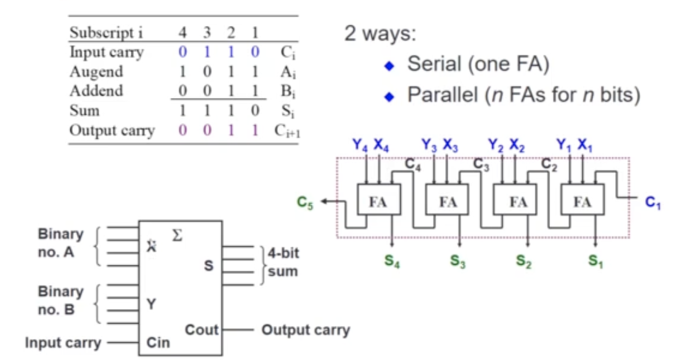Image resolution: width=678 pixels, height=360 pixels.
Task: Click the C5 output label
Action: click(x=305, y=202)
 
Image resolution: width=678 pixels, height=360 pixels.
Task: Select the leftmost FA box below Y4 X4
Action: click(x=378, y=202)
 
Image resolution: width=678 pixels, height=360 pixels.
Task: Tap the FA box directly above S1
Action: click(x=582, y=202)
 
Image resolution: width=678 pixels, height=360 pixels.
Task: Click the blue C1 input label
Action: click(x=653, y=202)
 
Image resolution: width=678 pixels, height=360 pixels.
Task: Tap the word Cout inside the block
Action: click(x=202, y=330)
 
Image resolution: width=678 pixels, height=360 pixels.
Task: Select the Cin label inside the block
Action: click(x=157, y=343)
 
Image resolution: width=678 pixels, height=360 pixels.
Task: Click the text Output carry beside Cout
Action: click(x=306, y=330)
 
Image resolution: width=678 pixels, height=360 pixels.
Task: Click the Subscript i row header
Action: click(x=106, y=32)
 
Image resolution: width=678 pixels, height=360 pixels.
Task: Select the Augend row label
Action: click(x=96, y=72)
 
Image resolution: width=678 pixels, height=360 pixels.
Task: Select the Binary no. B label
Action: click(x=61, y=300)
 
